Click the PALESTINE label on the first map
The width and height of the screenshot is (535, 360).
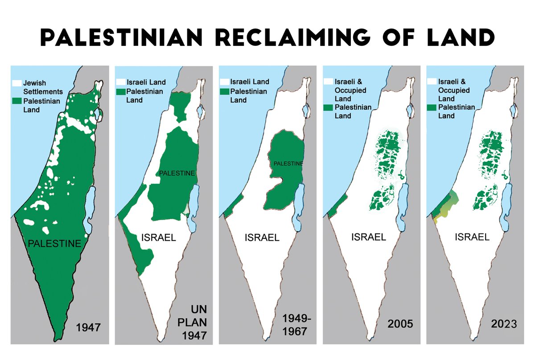tap(54, 243)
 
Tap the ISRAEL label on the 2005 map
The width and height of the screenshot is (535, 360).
tap(368, 237)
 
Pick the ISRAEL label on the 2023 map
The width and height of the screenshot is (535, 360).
tap(472, 237)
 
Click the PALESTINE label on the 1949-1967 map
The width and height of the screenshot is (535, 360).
tap(288, 164)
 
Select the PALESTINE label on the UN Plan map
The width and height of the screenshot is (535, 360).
tap(177, 173)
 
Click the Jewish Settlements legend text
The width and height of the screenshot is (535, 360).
tap(41, 87)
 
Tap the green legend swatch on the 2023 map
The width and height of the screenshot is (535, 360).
tap(432, 107)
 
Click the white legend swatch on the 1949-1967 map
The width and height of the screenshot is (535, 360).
tap(224, 82)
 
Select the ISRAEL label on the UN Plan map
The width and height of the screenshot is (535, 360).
tap(158, 237)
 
